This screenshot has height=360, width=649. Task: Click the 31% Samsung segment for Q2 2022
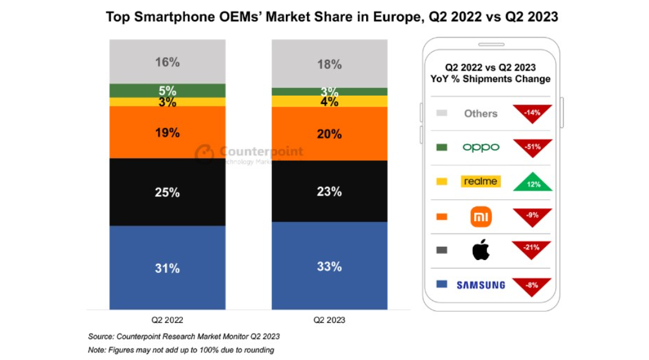(x=167, y=267)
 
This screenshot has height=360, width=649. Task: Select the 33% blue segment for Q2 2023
(x=329, y=266)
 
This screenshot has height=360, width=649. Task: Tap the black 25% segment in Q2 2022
(x=167, y=192)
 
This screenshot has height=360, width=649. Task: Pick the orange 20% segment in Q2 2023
(x=329, y=134)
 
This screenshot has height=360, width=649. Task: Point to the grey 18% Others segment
(x=329, y=64)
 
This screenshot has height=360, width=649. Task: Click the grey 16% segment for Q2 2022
(x=167, y=62)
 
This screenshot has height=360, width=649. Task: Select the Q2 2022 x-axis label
(x=167, y=319)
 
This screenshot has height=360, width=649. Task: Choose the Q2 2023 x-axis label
(x=329, y=319)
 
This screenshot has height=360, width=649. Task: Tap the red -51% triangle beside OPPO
(x=532, y=147)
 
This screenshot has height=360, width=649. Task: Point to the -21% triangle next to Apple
(x=532, y=249)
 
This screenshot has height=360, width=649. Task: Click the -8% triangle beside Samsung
(x=532, y=285)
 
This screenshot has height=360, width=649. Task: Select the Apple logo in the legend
(x=481, y=250)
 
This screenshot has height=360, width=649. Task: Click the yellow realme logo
(x=481, y=182)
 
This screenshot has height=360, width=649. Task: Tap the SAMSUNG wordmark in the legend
(x=481, y=284)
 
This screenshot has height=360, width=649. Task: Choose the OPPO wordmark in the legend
(x=481, y=147)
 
